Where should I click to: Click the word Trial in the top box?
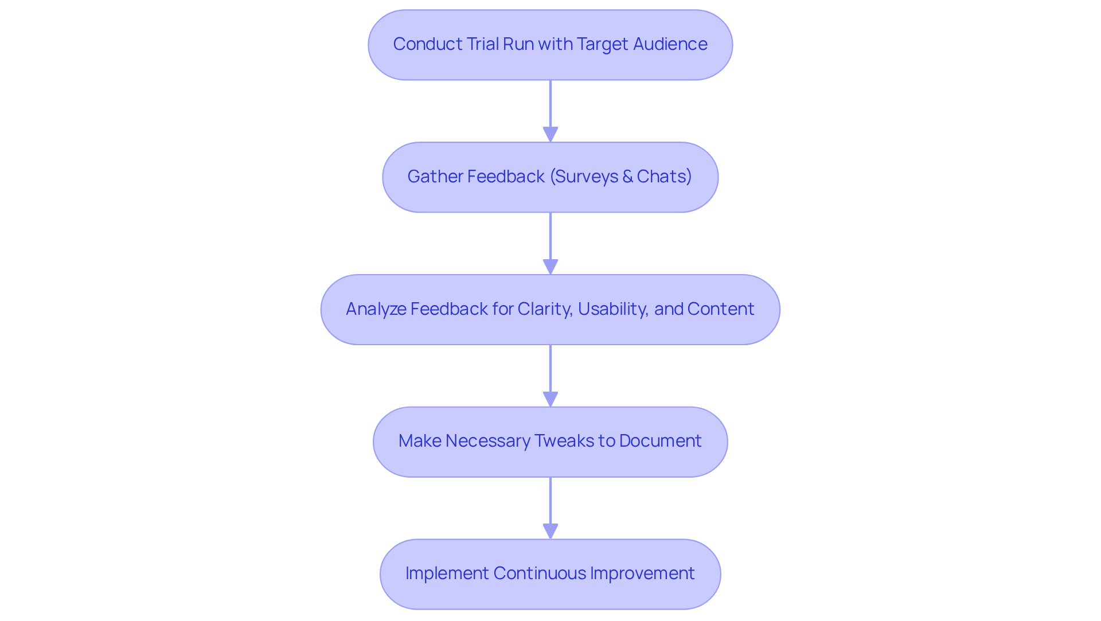coord(482,44)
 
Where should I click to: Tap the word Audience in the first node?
coord(670,44)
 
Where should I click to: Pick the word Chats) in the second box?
coord(664,177)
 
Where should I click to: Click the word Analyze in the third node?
coord(376,309)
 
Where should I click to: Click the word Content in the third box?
coord(720,309)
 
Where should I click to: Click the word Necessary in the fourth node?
coord(487,441)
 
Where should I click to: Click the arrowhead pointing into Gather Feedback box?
coord(550,134)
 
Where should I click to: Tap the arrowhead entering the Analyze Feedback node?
coord(550,267)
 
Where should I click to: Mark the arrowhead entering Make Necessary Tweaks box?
coord(550,399)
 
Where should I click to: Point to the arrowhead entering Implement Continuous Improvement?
coord(550,531)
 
